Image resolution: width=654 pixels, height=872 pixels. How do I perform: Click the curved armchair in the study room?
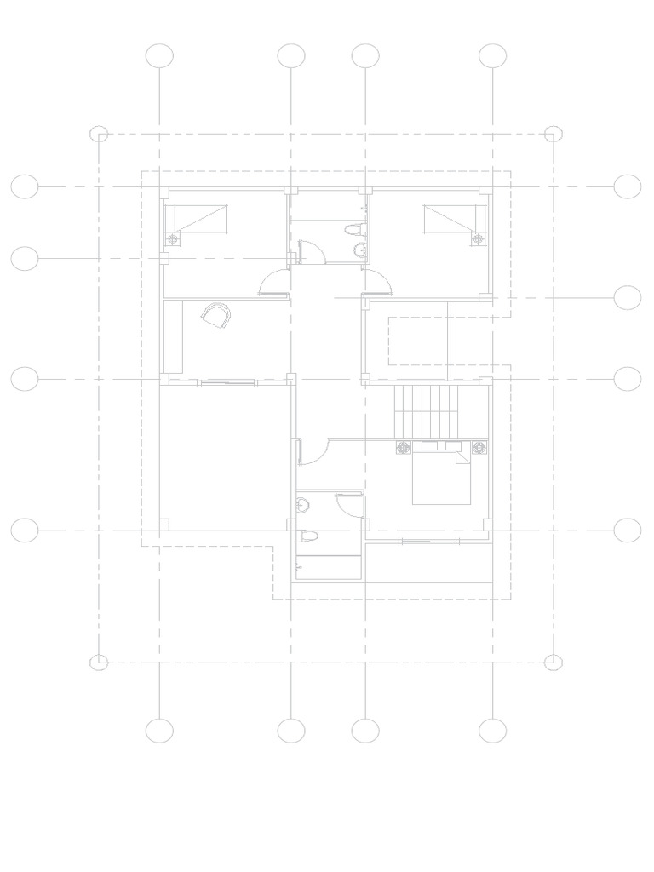215,316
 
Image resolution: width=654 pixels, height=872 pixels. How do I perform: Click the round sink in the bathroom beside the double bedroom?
301,506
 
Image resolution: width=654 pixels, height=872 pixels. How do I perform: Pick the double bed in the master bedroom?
442,476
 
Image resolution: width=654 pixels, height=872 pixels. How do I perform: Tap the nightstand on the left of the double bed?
403,448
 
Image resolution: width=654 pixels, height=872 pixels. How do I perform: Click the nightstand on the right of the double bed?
479,448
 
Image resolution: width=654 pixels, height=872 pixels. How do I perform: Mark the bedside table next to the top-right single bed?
477,239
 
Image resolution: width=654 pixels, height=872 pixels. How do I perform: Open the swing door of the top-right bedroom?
377,284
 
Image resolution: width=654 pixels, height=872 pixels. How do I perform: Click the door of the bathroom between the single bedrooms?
310,253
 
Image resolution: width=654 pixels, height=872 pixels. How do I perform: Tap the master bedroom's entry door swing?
314,451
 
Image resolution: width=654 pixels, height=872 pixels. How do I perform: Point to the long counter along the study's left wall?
173,336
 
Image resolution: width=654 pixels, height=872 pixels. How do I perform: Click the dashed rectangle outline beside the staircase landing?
418,341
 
